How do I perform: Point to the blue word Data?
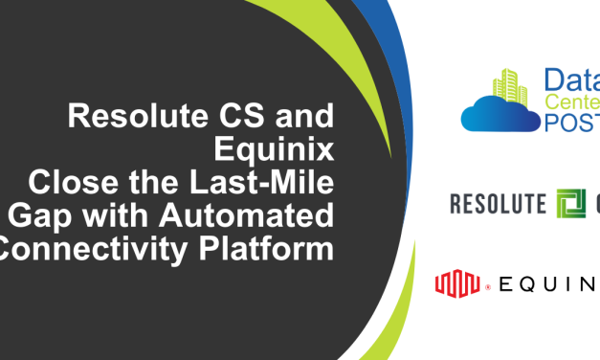tap(572, 81)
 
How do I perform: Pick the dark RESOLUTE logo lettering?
tap(497, 203)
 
